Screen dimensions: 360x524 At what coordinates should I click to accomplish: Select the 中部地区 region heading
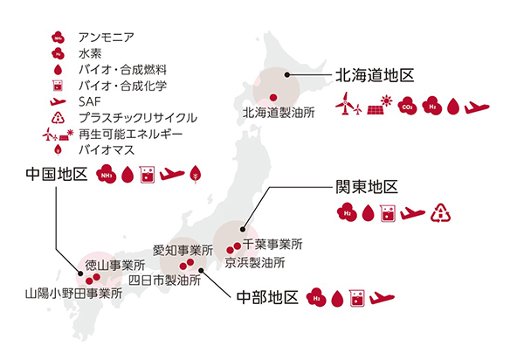268,297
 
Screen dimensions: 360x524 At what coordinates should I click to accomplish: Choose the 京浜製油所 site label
254,261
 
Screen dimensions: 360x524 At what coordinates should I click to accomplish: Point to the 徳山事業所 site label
115,265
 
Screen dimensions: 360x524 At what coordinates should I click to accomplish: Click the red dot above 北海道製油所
273,96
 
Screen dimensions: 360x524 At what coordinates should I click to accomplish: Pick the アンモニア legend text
104,38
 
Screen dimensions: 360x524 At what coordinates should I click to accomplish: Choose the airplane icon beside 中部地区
383,298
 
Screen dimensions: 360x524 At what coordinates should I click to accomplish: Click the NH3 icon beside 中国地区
107,174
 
